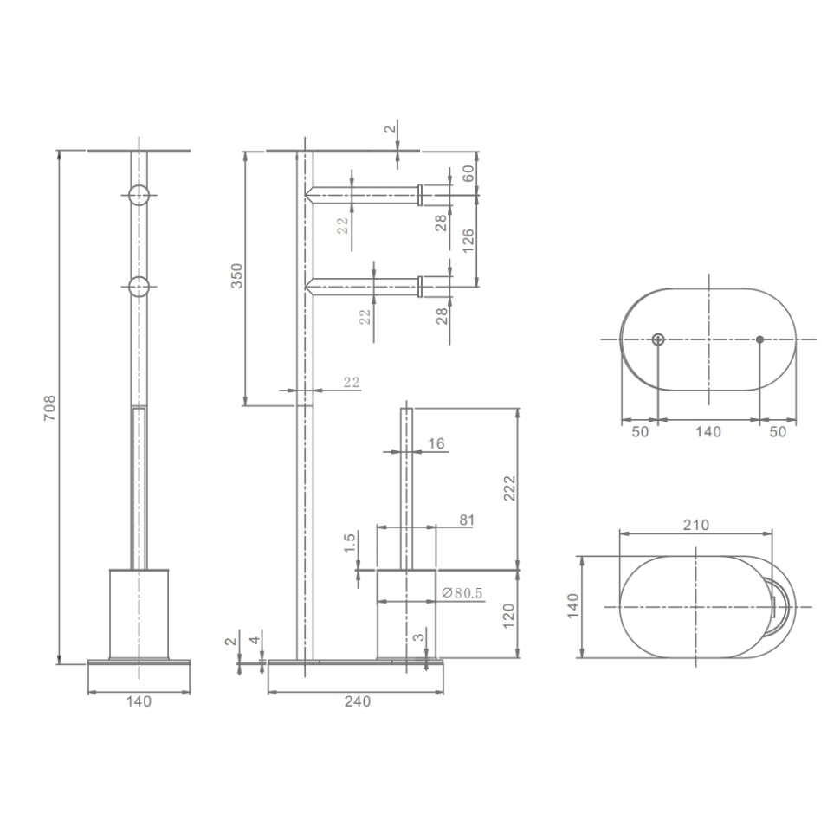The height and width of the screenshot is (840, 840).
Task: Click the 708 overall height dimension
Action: click(x=49, y=408)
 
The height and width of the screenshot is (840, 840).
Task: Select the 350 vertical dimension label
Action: click(x=236, y=276)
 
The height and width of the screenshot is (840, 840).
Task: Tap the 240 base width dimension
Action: click(x=358, y=701)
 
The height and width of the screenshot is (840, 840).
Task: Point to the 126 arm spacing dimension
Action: click(x=468, y=241)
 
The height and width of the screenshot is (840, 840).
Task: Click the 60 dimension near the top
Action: click(x=468, y=173)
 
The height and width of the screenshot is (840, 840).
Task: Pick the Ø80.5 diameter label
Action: click(x=462, y=593)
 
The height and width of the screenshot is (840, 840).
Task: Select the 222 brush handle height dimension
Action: click(x=509, y=488)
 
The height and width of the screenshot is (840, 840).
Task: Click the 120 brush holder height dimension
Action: click(x=509, y=616)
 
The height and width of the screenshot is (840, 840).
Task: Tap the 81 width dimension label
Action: click(x=467, y=520)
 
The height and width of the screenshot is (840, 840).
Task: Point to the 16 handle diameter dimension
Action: click(x=436, y=443)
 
